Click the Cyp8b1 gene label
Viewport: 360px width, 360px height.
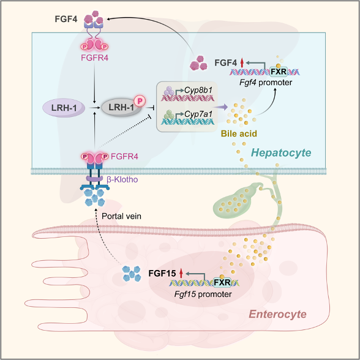pyautogui.click(x=198, y=90)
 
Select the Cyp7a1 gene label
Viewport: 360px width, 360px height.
pyautogui.click(x=198, y=114)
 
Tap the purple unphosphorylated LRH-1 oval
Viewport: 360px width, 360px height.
pyautogui.click(x=64, y=108)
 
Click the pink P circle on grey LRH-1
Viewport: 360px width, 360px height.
pyautogui.click(x=140, y=101)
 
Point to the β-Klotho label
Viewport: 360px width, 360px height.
pyautogui.click(x=122, y=179)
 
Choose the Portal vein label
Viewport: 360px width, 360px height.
pyautogui.click(x=121, y=216)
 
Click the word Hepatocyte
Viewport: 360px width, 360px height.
pyautogui.click(x=281, y=152)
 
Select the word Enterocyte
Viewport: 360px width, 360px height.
pyautogui.click(x=278, y=314)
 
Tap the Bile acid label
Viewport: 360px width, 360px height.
pyautogui.click(x=239, y=133)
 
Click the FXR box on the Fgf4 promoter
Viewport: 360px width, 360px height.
pyautogui.click(x=279, y=72)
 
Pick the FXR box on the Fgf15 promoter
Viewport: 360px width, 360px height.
pyautogui.click(x=222, y=282)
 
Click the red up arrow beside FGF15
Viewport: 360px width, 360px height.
pyautogui.click(x=181, y=273)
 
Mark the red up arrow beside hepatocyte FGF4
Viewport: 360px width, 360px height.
pyautogui.click(x=241, y=62)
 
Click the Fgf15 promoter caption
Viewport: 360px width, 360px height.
pyautogui.click(x=203, y=294)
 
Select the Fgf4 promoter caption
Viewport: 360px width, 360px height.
pyautogui.click(x=266, y=82)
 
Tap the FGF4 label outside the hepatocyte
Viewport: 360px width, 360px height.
pyautogui.click(x=66, y=19)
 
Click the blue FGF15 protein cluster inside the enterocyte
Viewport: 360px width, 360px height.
pyautogui.click(x=132, y=274)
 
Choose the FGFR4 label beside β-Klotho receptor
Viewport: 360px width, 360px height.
pyautogui.click(x=124, y=157)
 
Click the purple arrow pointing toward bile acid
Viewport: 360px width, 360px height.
pyautogui.click(x=220, y=107)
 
